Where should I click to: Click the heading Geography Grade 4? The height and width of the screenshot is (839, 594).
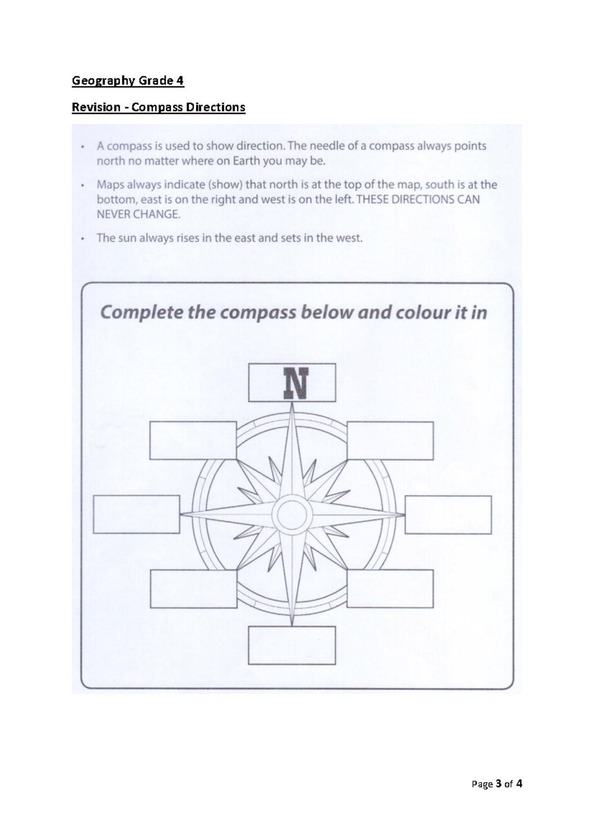pos(128,81)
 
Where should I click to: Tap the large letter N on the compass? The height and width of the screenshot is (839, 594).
pos(292,383)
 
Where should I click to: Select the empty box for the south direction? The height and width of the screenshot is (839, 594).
pos(292,645)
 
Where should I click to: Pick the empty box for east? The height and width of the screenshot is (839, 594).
pos(448,514)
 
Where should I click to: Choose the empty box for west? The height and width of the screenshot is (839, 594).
pos(136,514)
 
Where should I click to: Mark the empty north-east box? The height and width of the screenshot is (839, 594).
pos(390,441)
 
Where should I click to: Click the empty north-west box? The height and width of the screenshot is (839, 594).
pos(193,441)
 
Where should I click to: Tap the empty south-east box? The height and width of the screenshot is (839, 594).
pos(390,588)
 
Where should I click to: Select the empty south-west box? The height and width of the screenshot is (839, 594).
pos(193,588)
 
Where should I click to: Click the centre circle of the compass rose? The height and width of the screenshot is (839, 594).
pos(292,514)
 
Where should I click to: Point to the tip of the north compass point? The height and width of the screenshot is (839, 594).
pos(292,405)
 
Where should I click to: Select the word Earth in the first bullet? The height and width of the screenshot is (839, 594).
pos(249,161)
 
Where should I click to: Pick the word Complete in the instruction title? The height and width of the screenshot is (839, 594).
pos(140,313)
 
